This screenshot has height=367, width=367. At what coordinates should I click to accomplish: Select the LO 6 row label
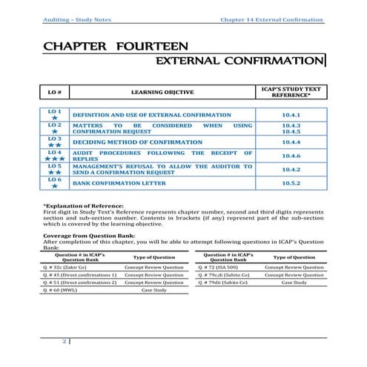tap(54, 179)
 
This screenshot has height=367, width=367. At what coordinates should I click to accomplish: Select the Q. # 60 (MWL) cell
tap(65, 291)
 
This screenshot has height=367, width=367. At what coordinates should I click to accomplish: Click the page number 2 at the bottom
tap(65, 342)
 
